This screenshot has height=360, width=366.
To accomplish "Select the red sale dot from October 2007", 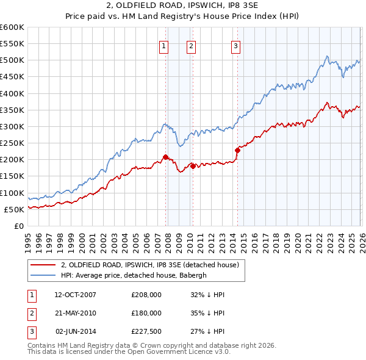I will [165, 157].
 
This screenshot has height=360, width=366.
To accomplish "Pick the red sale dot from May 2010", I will [193, 166].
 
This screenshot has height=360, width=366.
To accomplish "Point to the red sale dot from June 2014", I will [237, 150].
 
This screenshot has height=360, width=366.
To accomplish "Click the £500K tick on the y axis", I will [12, 60].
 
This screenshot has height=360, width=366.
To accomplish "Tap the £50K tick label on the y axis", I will [15, 209].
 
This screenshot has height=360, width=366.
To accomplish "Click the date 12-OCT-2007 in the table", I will [75, 295].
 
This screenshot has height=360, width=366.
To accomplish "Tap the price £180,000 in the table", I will [146, 313].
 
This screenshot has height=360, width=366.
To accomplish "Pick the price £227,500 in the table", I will [146, 331].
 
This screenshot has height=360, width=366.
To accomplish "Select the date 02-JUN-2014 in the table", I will [75, 331].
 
